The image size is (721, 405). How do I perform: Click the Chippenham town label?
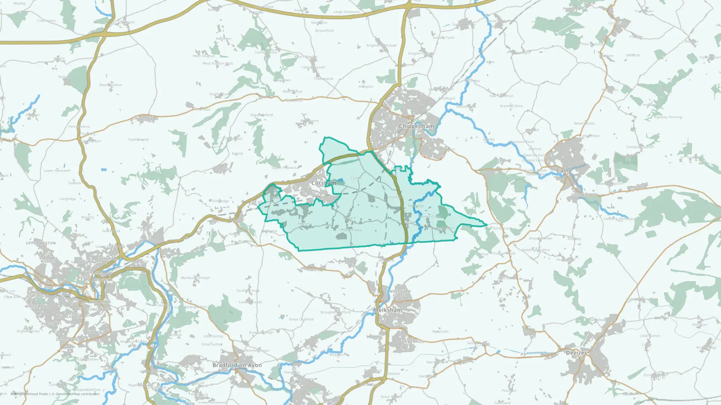tap(416, 126)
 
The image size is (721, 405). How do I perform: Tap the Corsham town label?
tap(323, 183)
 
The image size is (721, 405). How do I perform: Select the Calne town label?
tap(564, 171)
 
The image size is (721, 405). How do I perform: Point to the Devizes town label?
tap(576, 353)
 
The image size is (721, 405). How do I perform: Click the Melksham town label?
tap(388, 310)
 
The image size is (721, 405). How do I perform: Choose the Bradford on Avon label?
tap(237, 365)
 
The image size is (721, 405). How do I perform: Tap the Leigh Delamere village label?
tap(346, 12)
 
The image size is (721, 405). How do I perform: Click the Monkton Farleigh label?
tap(195, 278)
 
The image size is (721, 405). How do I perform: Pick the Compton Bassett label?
tap(640, 147)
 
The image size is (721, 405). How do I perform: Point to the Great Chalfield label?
tap(301, 319)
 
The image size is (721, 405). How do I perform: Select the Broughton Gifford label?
tap(335, 312)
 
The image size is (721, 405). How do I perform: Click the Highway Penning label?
tap(667, 117)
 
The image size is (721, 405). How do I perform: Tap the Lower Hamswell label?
tap(57, 171)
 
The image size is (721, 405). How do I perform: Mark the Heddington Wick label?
tap(535, 250)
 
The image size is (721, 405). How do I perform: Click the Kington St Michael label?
tap(381, 45)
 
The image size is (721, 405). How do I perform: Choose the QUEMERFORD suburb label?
tap(584, 195)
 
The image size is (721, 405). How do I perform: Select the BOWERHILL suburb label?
tap(412, 342)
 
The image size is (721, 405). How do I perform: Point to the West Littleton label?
tap(111, 85)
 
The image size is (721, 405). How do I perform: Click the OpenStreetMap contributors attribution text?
tap(77, 394)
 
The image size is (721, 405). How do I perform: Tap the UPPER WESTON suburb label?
tap(41, 243)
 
